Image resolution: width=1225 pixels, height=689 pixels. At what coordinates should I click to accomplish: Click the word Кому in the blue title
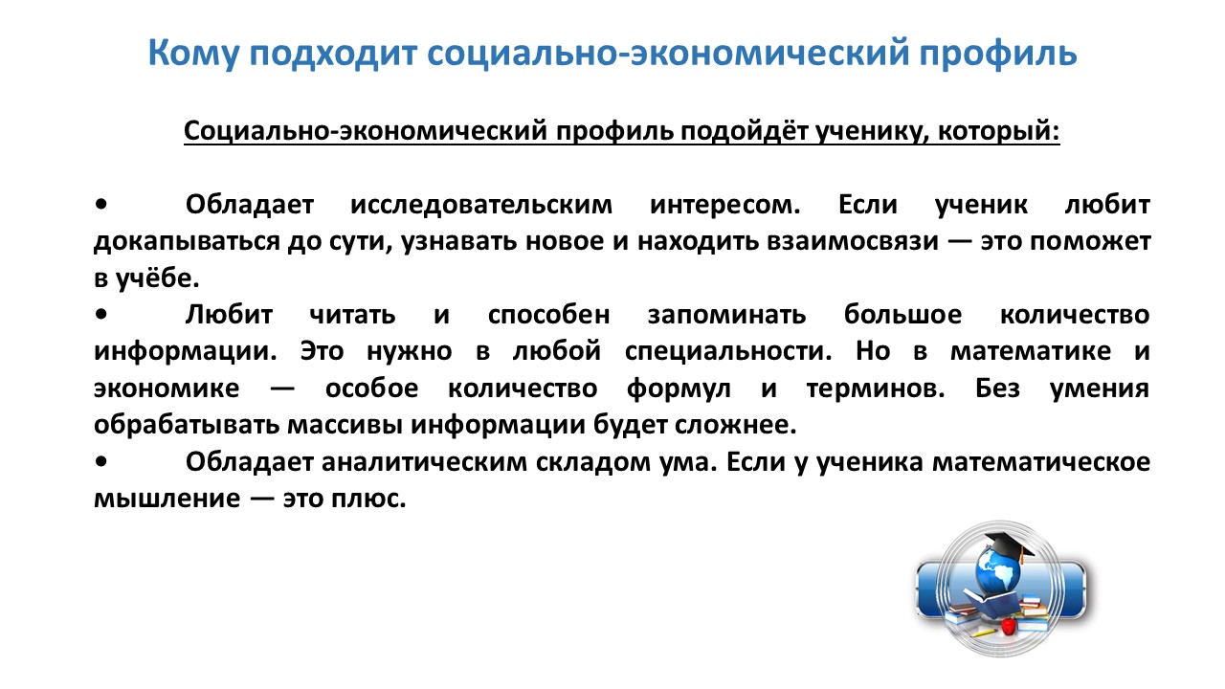point(193,55)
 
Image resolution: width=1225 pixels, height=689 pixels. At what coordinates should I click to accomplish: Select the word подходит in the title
point(333,55)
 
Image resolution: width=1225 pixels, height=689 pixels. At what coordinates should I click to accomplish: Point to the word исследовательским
point(481,205)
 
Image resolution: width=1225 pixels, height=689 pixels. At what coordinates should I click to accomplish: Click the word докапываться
point(187,242)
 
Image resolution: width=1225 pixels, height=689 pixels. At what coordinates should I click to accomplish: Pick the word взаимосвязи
point(853,242)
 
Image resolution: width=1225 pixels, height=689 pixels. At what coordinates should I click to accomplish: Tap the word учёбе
point(158,278)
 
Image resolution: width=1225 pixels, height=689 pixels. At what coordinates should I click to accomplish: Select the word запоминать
point(726,315)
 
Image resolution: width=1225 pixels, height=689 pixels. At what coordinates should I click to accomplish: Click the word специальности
point(728,351)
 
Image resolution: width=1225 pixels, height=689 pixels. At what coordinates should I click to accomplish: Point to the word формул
point(679,389)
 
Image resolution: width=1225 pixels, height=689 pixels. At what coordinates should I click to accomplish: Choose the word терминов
point(876,389)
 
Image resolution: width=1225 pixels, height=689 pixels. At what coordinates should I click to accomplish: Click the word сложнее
point(735,426)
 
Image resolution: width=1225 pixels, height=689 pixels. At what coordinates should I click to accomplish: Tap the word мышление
point(167,499)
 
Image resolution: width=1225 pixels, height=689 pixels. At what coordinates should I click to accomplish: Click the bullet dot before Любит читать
point(101,315)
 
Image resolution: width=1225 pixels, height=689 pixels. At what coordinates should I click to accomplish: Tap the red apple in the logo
point(1008,626)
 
